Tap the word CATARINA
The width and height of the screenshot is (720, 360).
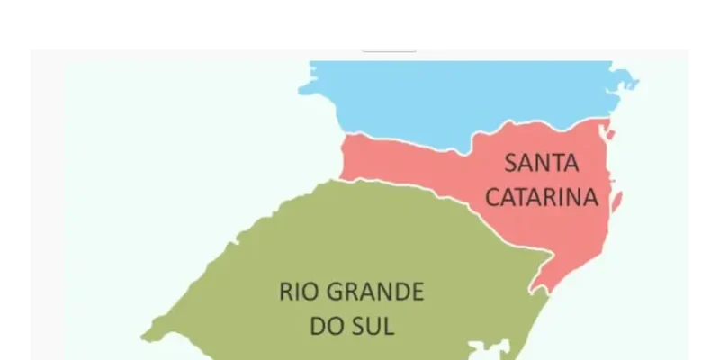(542, 197)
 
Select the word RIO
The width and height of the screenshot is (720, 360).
(299, 292)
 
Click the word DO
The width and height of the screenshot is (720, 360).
(323, 325)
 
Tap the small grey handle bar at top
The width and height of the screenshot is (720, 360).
(389, 47)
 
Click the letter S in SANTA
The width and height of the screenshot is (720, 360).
(510, 163)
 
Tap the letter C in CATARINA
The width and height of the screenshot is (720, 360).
(493, 197)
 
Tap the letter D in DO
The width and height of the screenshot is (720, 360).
(316, 325)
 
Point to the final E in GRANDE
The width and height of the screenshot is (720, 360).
(415, 292)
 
